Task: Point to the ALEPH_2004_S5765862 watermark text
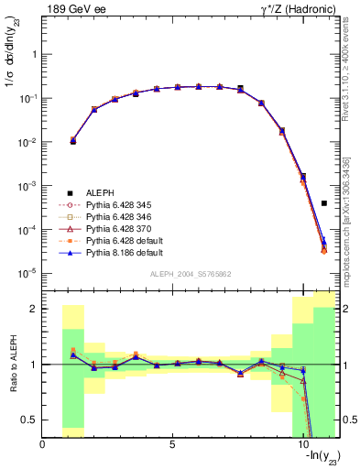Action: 190,274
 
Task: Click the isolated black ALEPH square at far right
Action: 324,203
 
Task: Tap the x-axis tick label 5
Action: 173,445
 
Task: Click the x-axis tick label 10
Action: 302,445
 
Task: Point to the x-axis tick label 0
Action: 43,445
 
